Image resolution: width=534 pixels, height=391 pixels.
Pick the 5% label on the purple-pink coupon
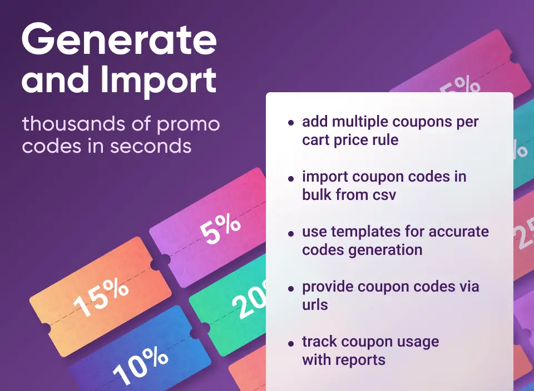[220, 229]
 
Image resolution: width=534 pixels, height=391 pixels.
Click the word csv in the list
[383, 194]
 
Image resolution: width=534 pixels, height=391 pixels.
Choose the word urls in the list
[315, 304]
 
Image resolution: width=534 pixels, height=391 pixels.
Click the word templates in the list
[370, 232]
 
